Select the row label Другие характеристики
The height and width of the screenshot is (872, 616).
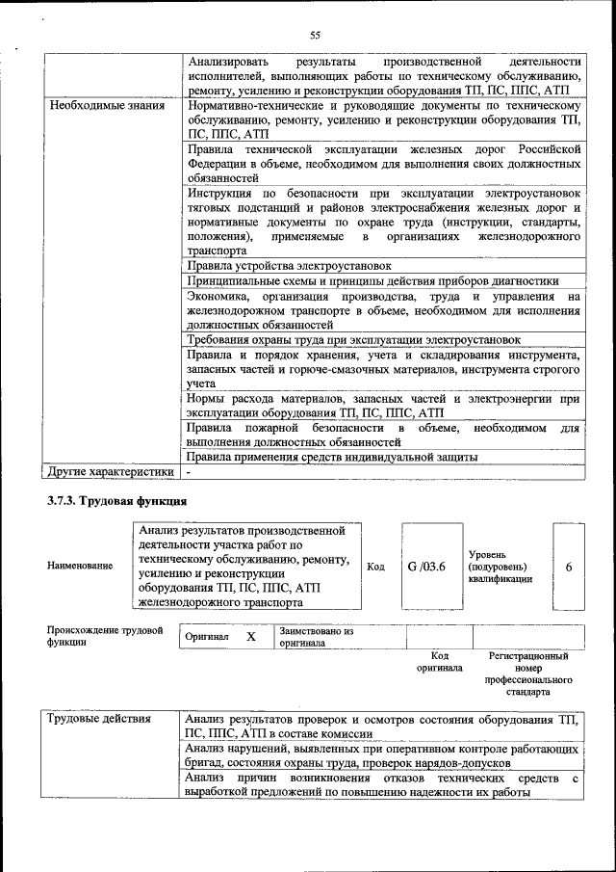pyautogui.click(x=111, y=472)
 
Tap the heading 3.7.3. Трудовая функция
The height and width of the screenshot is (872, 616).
pyautogui.click(x=116, y=502)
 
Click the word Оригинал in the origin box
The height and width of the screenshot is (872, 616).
pyautogui.click(x=207, y=638)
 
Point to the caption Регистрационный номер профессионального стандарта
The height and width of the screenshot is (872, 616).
pyautogui.click(x=527, y=674)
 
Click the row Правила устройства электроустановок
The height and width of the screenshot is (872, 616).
pyautogui.click(x=289, y=265)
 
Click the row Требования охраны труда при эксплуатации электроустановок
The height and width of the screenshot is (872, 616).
pyautogui.click(x=353, y=340)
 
